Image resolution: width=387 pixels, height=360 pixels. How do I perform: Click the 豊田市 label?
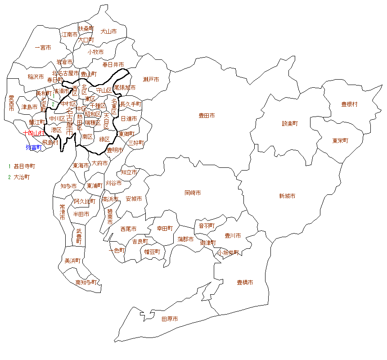point(207,116)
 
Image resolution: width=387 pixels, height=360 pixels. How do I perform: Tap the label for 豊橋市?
point(245,283)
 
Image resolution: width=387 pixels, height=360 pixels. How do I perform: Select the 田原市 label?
point(170,319)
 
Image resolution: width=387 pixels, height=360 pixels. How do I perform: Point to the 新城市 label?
point(287,196)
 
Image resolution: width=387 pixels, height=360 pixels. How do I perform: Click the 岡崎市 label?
point(193,193)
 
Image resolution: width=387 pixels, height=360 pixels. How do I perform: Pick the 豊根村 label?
point(349,104)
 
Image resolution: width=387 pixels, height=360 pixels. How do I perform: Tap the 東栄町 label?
point(340,140)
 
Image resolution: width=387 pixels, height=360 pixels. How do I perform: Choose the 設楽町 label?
point(290,123)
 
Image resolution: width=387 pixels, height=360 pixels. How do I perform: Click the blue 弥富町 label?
point(33,147)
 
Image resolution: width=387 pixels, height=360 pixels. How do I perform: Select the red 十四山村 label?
point(34,133)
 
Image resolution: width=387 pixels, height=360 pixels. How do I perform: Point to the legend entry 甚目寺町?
point(24,166)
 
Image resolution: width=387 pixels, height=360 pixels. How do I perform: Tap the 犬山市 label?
point(108,31)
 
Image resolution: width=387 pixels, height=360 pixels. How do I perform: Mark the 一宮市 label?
point(43,47)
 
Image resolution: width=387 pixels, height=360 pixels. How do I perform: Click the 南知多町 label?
point(86,283)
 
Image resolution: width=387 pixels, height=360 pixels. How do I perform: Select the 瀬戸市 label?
point(151,80)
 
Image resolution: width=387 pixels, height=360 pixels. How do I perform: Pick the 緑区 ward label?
point(104,139)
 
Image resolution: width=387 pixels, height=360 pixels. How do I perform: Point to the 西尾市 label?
point(128,229)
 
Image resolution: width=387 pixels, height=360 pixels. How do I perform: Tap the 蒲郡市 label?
point(185,239)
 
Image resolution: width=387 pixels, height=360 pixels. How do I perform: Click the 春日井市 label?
point(113,65)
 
